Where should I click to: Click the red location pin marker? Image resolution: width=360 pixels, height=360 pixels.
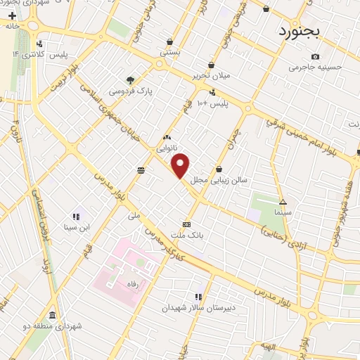[181, 165]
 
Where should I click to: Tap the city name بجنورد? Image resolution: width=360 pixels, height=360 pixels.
[298, 32]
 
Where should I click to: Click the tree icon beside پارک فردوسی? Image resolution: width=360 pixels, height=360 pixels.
[130, 79]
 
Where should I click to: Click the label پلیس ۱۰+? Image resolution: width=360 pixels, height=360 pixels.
[212, 103]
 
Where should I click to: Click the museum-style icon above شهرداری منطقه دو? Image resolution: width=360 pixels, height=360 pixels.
[52, 315]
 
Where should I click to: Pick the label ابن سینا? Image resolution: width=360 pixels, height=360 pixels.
[75, 227]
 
